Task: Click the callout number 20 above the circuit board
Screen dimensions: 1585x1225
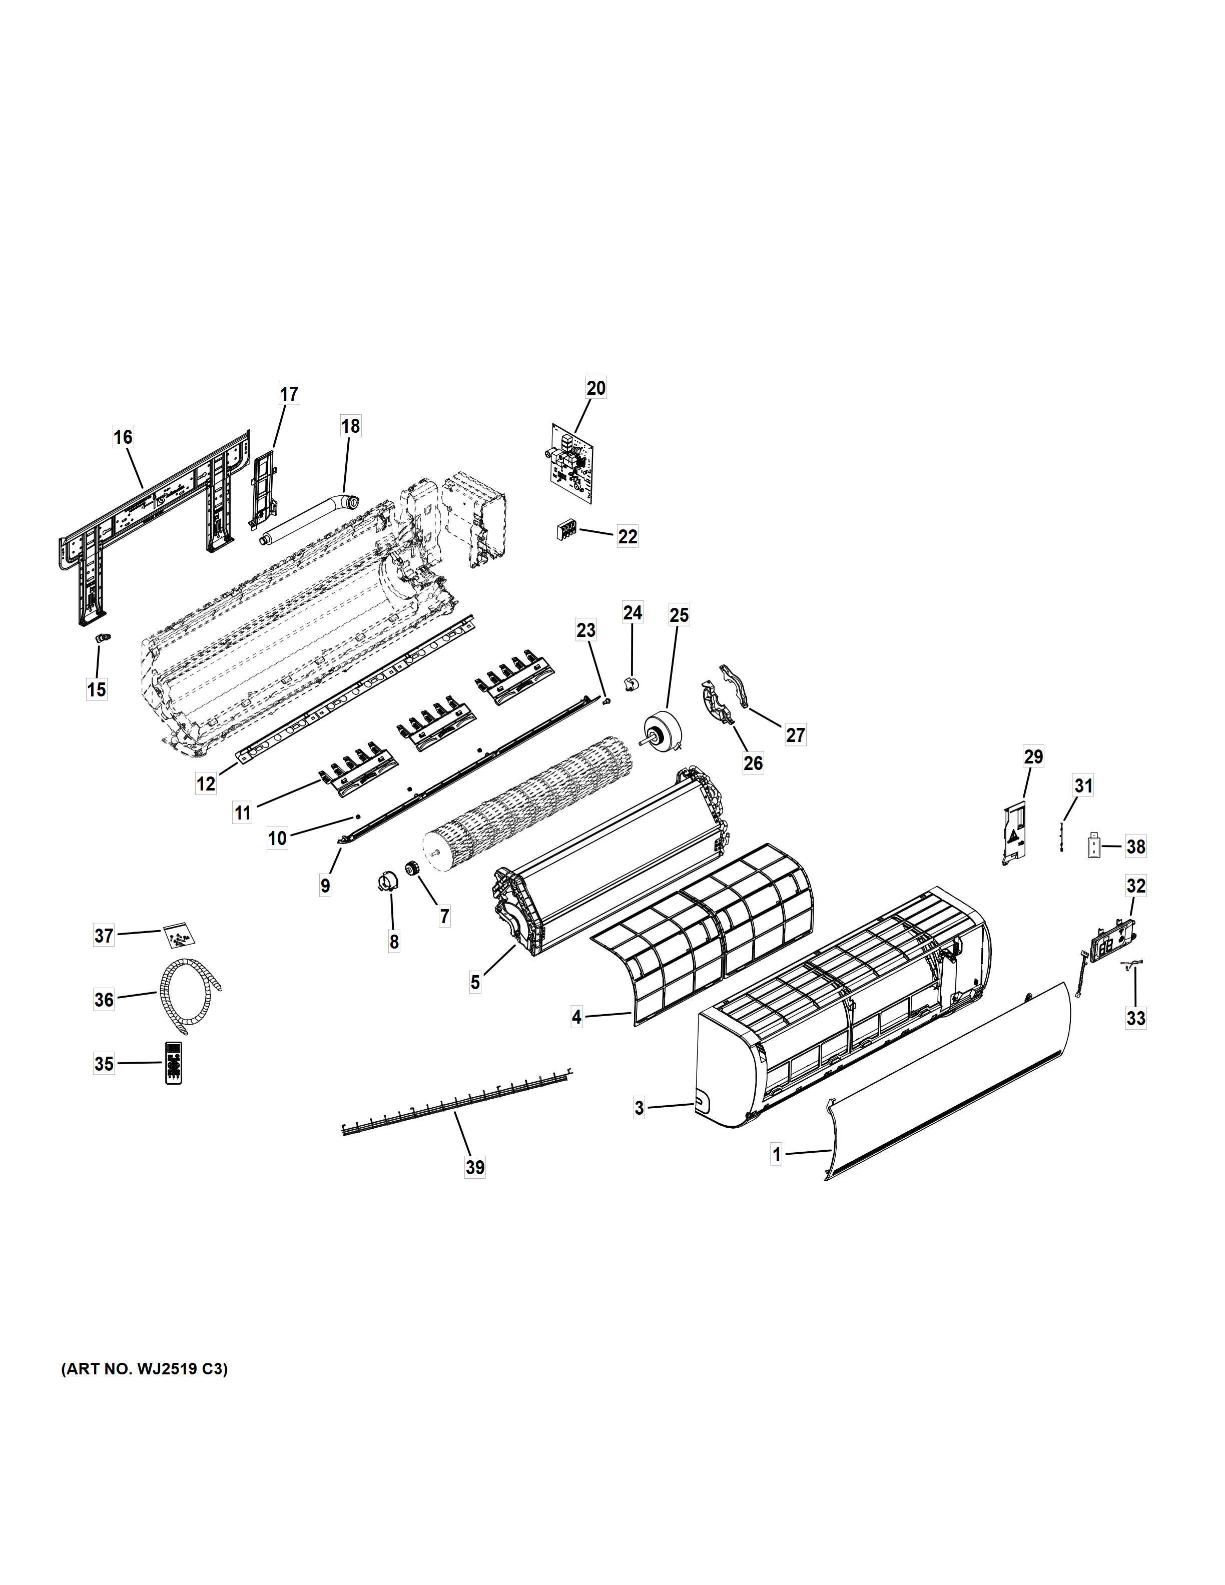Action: [596, 388]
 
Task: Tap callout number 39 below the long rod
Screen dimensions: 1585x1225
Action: [475, 1167]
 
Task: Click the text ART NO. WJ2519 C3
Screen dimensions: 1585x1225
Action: [145, 1369]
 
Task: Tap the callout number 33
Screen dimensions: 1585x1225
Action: [1136, 1018]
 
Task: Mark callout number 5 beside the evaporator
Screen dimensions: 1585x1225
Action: [475, 983]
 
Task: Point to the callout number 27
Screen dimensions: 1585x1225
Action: [795, 735]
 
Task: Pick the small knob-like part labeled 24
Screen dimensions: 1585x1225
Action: [631, 683]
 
